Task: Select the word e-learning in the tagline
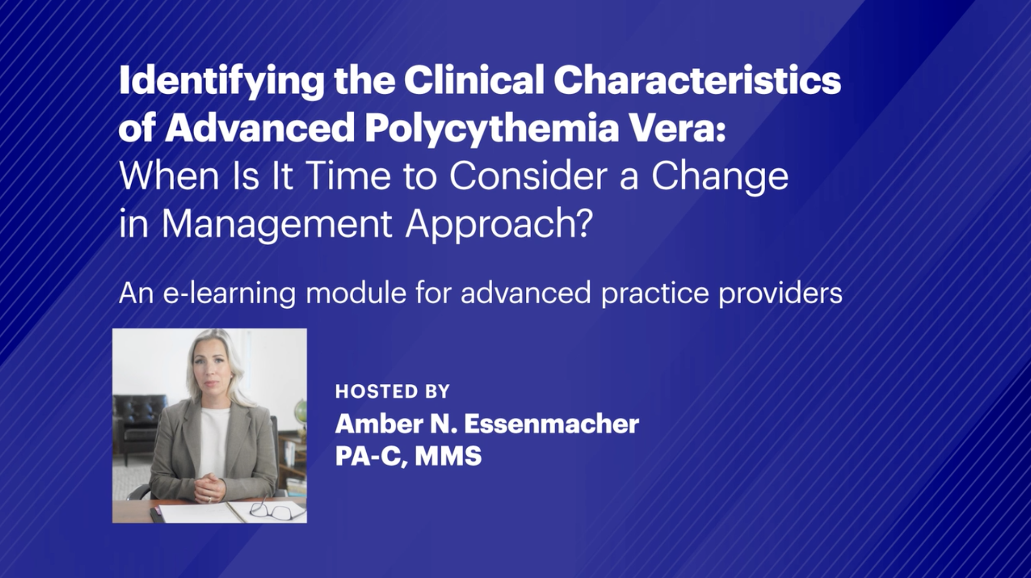tap(229, 293)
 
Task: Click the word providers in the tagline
tap(781, 293)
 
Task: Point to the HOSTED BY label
tap(392, 391)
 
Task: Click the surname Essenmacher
tap(552, 424)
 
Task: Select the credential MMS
tap(448, 455)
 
